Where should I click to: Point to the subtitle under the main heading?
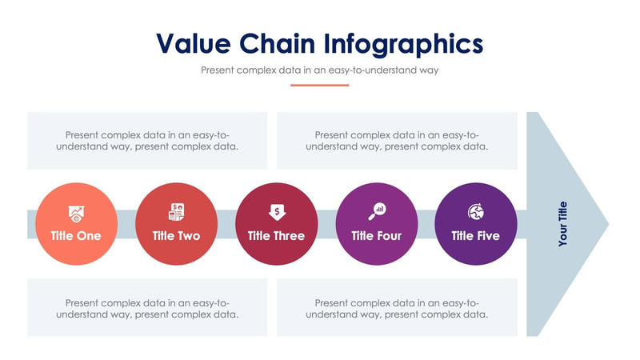(x=320, y=70)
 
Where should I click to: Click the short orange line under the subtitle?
(x=320, y=85)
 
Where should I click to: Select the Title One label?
(x=76, y=236)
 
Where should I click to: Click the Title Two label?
(x=176, y=236)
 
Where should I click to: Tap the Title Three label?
(x=276, y=236)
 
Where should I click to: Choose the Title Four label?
(x=376, y=236)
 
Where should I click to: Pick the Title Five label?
(x=475, y=236)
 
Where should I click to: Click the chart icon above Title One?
(x=76, y=213)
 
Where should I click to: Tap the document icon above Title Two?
(x=176, y=212)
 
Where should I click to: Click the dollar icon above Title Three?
(x=276, y=212)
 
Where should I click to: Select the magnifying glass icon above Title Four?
(x=376, y=212)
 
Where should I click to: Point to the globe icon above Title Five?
(x=475, y=212)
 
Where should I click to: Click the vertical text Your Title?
(x=562, y=223)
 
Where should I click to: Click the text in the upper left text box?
(x=151, y=141)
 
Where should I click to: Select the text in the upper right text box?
(x=397, y=141)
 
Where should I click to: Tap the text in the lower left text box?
(x=151, y=309)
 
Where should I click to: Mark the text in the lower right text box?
(x=397, y=309)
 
